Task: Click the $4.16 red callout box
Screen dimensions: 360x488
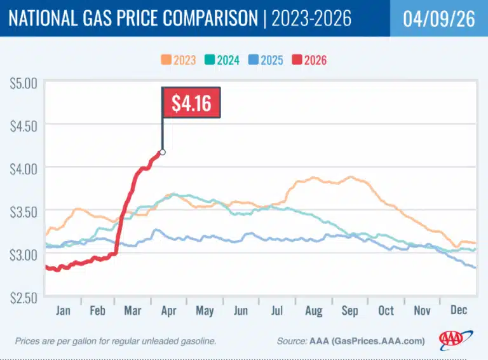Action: [x=191, y=102]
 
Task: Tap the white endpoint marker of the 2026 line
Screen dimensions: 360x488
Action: [x=163, y=152]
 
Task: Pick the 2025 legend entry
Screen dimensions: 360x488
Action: [x=264, y=61]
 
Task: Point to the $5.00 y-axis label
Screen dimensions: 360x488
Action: [x=23, y=83]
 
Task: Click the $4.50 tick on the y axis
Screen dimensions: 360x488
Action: [x=23, y=125]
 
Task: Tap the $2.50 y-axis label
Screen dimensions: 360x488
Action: [x=23, y=297]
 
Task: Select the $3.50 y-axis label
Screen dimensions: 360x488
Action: [x=23, y=211]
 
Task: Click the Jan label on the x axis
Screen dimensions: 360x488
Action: [x=63, y=311]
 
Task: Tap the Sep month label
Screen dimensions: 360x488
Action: [x=351, y=311]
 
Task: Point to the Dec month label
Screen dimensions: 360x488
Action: [x=459, y=311]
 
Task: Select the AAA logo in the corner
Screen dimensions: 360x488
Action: [x=456, y=340]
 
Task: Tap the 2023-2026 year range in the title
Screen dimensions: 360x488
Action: [x=311, y=18]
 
